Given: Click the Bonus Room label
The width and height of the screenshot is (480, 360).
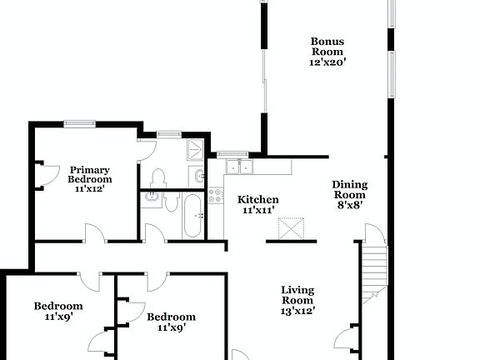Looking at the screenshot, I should tap(327, 47).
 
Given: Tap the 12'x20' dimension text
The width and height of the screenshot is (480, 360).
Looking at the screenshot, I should tap(327, 62).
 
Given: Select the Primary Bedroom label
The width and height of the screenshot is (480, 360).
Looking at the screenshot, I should tap(89, 174).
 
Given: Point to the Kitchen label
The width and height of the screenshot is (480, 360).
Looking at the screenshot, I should tap(258, 200).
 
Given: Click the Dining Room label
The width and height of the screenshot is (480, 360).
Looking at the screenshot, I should tap(349, 190).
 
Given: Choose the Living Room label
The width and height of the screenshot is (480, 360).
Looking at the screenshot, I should tap(297, 295).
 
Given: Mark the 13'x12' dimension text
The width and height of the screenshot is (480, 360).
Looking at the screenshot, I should tap(297, 310).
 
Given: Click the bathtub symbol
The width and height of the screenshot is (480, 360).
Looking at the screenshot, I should tap(192, 216).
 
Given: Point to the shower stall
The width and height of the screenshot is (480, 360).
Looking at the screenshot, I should tap(194, 150).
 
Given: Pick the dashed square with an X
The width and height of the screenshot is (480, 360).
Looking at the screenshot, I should tap(292, 227).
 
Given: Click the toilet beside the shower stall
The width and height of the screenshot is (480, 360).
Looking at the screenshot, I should tap(158, 177).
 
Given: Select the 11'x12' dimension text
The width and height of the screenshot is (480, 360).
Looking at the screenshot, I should tap(89, 189).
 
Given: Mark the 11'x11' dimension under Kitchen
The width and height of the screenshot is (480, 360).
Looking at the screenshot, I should tap(258, 212).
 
